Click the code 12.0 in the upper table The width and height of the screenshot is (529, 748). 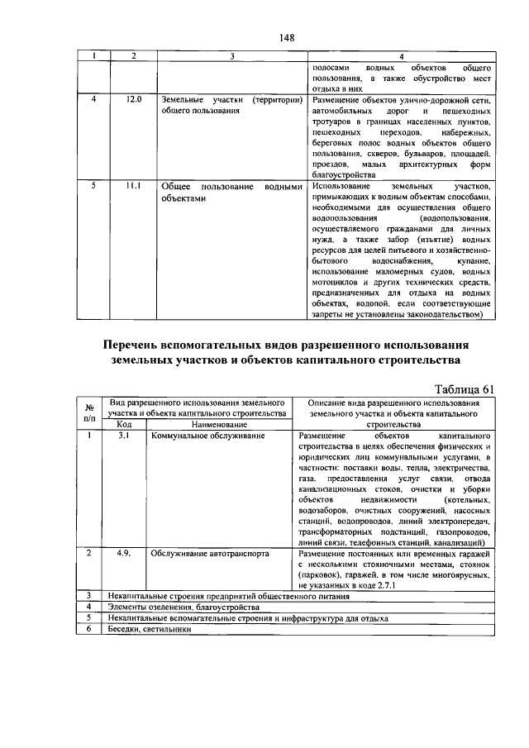(x=133, y=99)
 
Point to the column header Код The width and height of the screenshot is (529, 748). (x=125, y=424)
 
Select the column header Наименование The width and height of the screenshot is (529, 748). (x=220, y=424)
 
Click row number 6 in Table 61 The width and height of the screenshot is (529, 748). (x=88, y=628)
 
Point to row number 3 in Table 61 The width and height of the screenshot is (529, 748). (x=88, y=595)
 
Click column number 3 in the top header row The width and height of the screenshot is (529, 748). (x=232, y=56)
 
